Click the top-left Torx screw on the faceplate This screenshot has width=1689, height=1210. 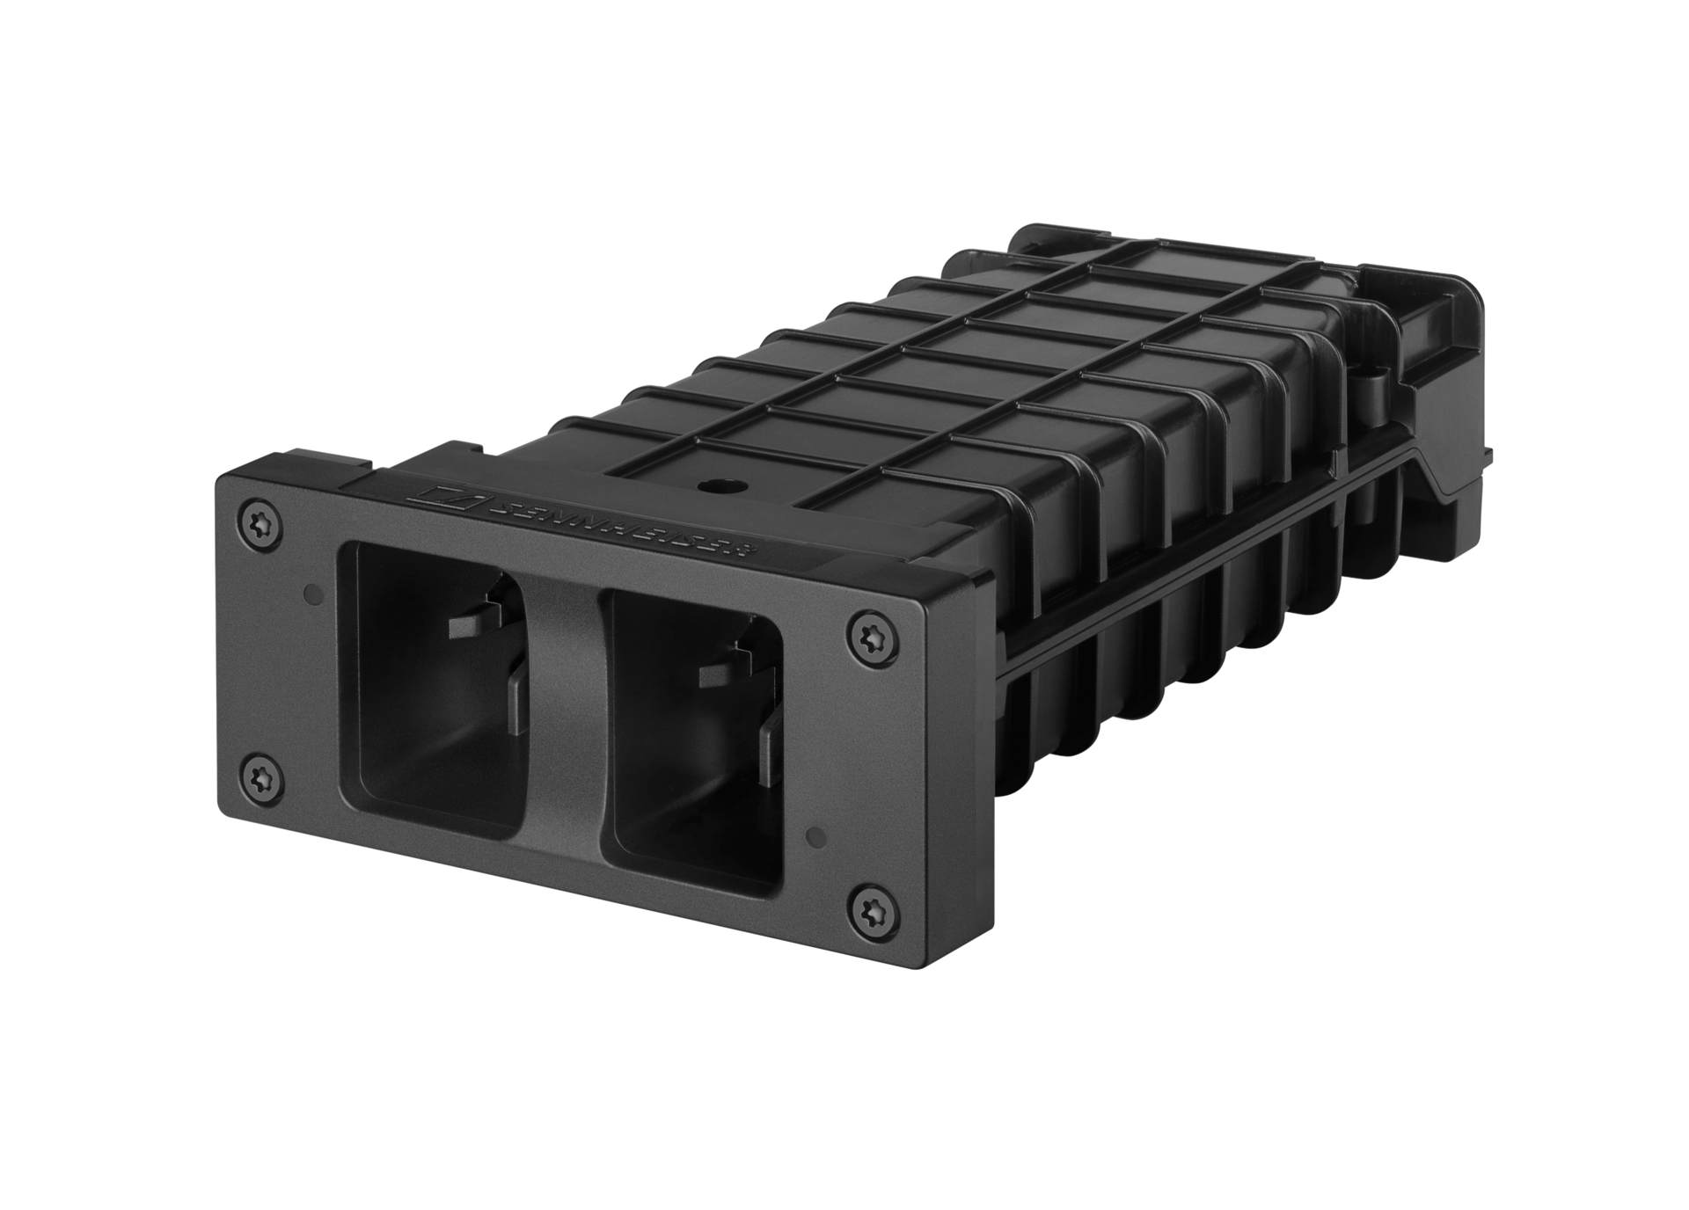pyautogui.click(x=260, y=526)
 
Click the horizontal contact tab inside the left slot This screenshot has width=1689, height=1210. pyautogui.click(x=475, y=624)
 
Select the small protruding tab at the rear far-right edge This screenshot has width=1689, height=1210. pyautogui.click(x=1489, y=454)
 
